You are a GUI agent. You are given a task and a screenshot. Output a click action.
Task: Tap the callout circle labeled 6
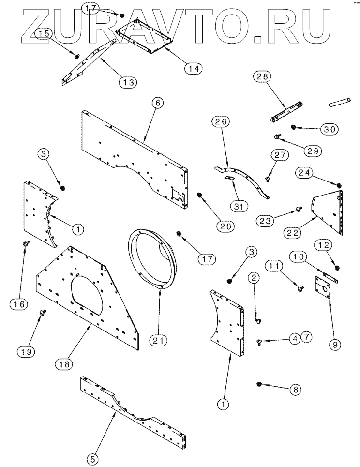158,102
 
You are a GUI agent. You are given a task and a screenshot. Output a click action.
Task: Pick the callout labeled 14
194,68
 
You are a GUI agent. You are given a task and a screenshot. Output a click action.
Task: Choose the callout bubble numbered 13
128,82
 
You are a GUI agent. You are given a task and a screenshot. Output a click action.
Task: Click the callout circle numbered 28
264,76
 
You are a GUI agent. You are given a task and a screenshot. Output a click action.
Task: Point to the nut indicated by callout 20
199,195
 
